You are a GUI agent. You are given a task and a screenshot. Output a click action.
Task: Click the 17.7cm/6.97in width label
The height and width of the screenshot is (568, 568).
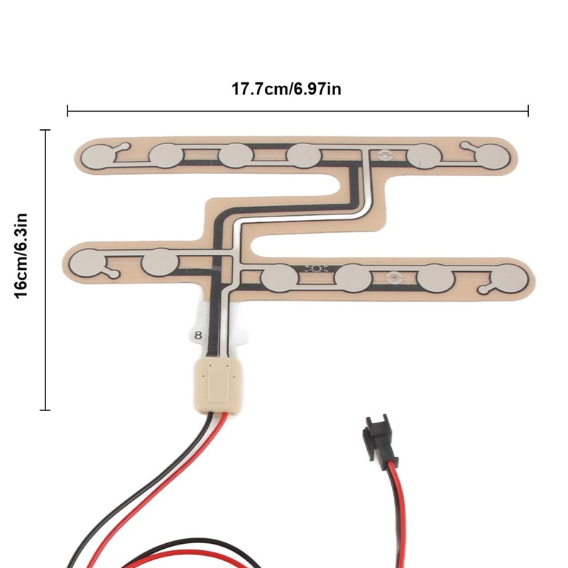(297, 89)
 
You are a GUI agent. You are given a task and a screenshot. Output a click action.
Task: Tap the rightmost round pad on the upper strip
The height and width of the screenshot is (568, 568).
(491, 155)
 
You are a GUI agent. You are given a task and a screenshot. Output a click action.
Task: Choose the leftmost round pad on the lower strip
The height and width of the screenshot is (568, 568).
(90, 263)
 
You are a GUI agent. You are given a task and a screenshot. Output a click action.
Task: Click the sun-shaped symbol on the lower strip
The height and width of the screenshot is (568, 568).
(315, 268)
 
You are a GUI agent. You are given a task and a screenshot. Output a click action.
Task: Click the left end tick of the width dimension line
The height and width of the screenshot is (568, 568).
(67, 111)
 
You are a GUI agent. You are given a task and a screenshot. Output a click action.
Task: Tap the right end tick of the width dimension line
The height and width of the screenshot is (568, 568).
(528, 111)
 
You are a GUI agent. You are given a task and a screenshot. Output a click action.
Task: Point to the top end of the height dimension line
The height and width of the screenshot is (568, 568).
(46, 131)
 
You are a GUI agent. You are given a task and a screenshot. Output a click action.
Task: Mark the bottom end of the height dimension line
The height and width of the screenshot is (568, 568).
(46, 410)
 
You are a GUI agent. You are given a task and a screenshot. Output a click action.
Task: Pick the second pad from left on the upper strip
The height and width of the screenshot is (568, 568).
(168, 155)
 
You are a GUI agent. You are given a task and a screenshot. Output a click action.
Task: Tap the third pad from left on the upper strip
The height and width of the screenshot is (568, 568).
(235, 155)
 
